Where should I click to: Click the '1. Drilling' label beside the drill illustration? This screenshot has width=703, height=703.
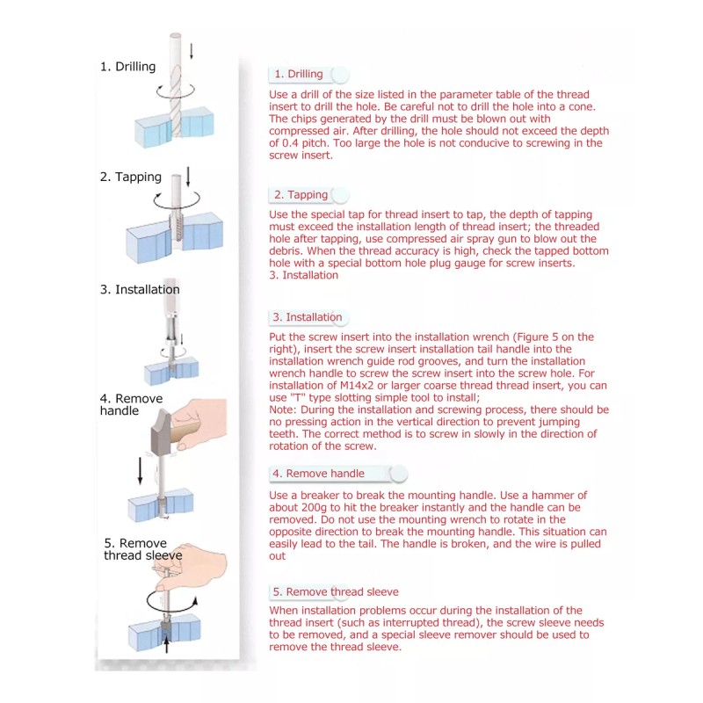pyautogui.click(x=127, y=67)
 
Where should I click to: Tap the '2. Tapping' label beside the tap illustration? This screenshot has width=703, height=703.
pyautogui.click(x=130, y=177)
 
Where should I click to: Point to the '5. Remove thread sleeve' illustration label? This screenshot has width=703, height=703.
pyautogui.click(x=142, y=549)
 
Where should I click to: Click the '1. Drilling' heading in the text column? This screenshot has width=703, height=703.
pyautogui.click(x=298, y=75)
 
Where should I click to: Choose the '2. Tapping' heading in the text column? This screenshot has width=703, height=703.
pyautogui.click(x=301, y=195)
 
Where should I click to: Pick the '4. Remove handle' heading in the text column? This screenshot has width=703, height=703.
pyautogui.click(x=318, y=474)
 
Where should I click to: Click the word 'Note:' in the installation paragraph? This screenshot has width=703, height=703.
pyautogui.click(x=285, y=410)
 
